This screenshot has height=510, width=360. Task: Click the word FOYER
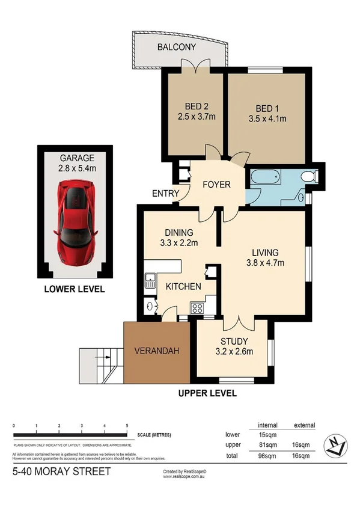(x=215, y=185)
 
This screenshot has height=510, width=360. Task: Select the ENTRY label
(x=166, y=192)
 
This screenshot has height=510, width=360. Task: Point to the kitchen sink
(x=150, y=280)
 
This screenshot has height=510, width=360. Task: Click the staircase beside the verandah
(x=100, y=364)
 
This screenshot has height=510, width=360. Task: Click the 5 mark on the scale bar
(x=127, y=426)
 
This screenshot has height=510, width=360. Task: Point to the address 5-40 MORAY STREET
(x=61, y=472)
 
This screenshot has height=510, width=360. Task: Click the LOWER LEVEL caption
(x=75, y=289)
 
